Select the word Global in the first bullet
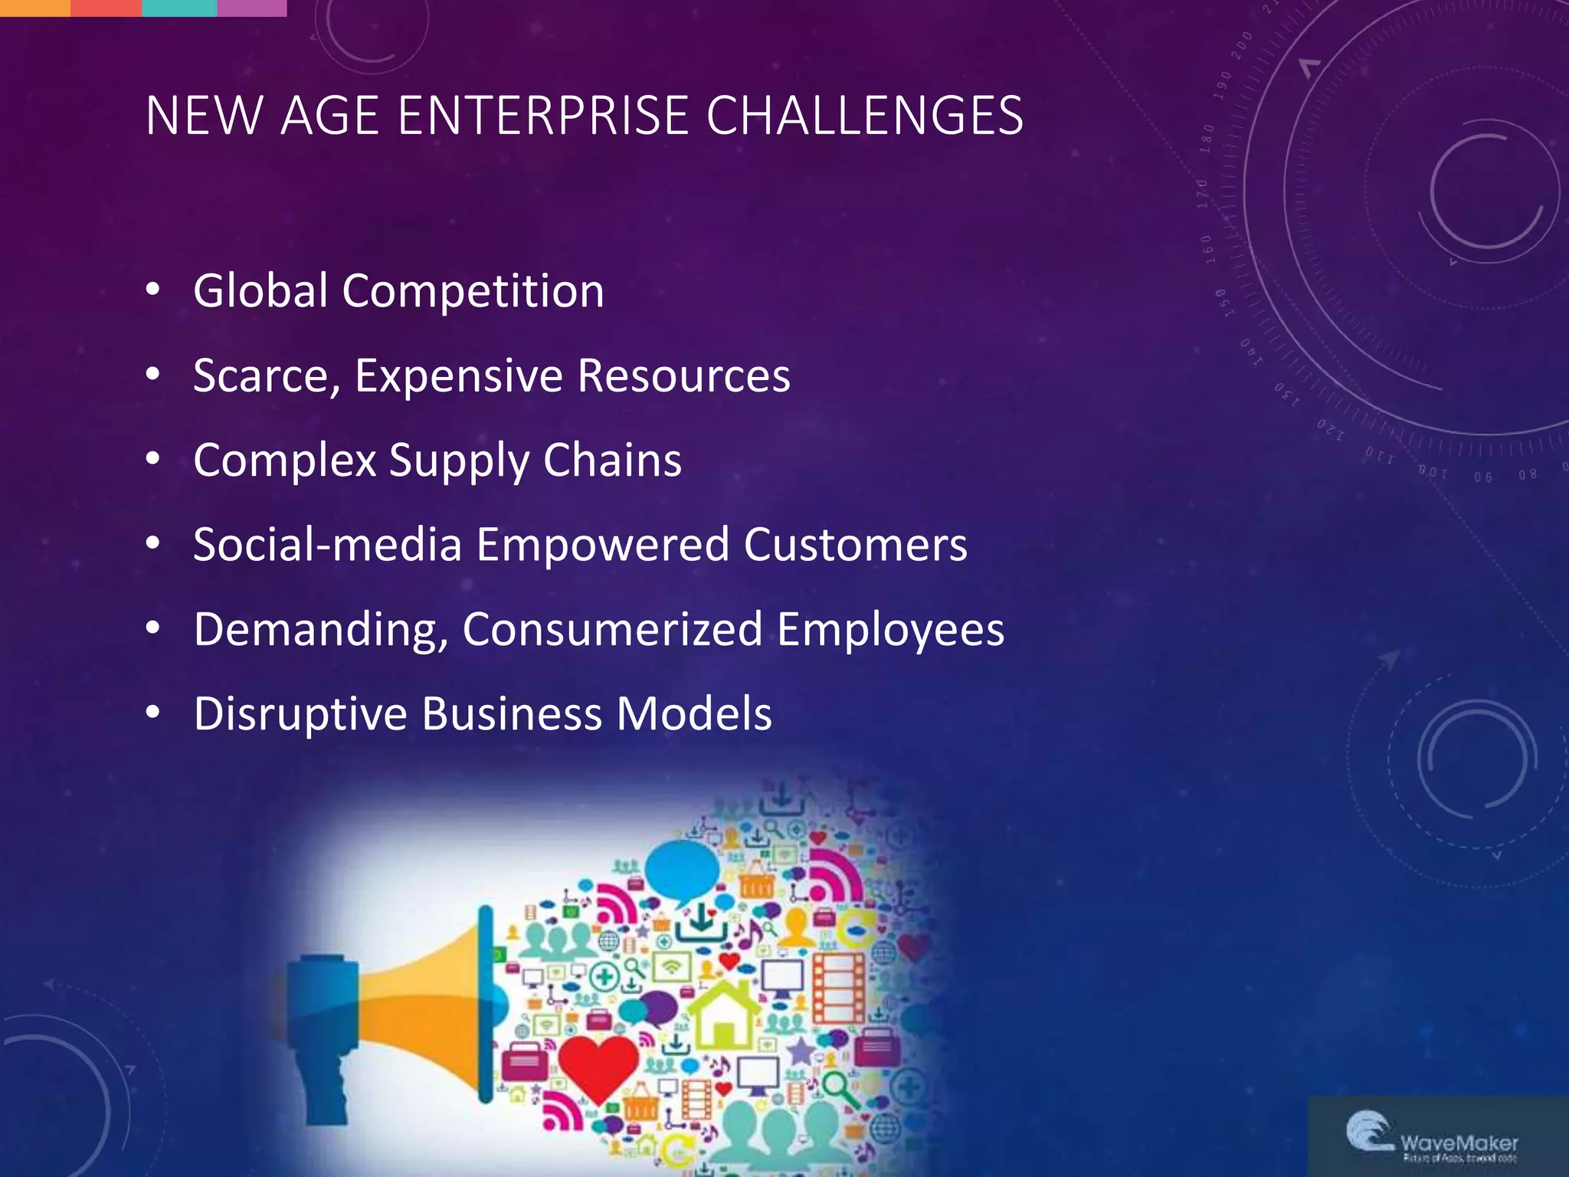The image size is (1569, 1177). click(260, 291)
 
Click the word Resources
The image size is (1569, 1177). click(683, 376)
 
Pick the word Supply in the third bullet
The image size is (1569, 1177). click(459, 461)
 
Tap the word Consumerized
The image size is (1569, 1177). click(612, 630)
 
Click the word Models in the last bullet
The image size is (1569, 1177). click(694, 714)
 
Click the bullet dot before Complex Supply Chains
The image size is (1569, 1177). click(153, 459)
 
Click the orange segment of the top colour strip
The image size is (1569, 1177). click(34, 8)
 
